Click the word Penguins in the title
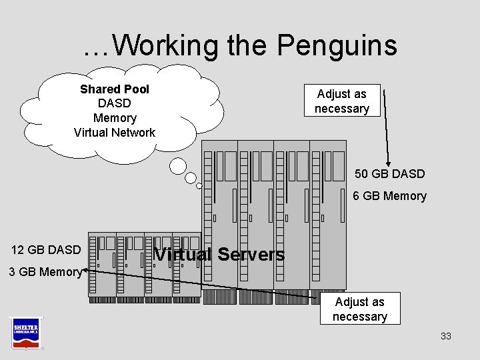pos(337,46)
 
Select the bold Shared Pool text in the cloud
pos(115,89)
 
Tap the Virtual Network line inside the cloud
pos(115,132)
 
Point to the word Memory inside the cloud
pos(115,118)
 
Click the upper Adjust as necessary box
pos(341,101)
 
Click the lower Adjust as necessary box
pos(359,309)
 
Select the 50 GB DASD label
pos(389,174)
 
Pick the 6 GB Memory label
pos(389,195)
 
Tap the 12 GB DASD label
pos(46,250)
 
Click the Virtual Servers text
pos(219,254)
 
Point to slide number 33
pos(445,336)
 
